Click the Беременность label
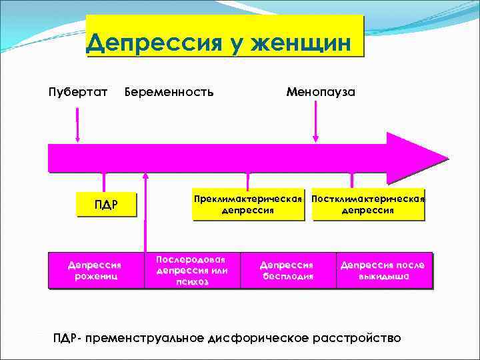pyautogui.click(x=169, y=91)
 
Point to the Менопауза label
pyautogui.click(x=321, y=91)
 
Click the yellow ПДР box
pyautogui.click(x=106, y=204)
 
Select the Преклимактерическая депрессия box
pyautogui.click(x=248, y=205)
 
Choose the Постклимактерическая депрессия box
pyautogui.click(x=368, y=205)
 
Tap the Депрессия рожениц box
pyautogui.click(x=95, y=270)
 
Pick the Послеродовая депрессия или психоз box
pyautogui.click(x=191, y=270)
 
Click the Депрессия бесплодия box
pyautogui.click(x=287, y=270)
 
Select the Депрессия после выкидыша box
pyautogui.click(x=383, y=270)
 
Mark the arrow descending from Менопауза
pyautogui.click(x=316, y=123)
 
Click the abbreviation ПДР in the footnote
pyautogui.click(x=65, y=338)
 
